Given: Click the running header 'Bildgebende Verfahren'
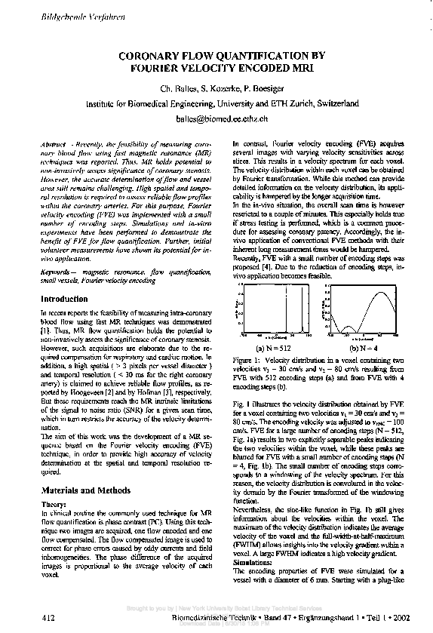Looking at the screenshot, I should pyautogui.click(x=51, y=16).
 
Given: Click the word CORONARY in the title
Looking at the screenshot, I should pyautogui.click(x=153, y=55).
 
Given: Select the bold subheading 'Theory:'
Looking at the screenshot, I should pyautogui.click(x=54, y=502).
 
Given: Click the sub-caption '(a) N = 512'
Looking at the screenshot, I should pyautogui.click(x=269, y=349).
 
